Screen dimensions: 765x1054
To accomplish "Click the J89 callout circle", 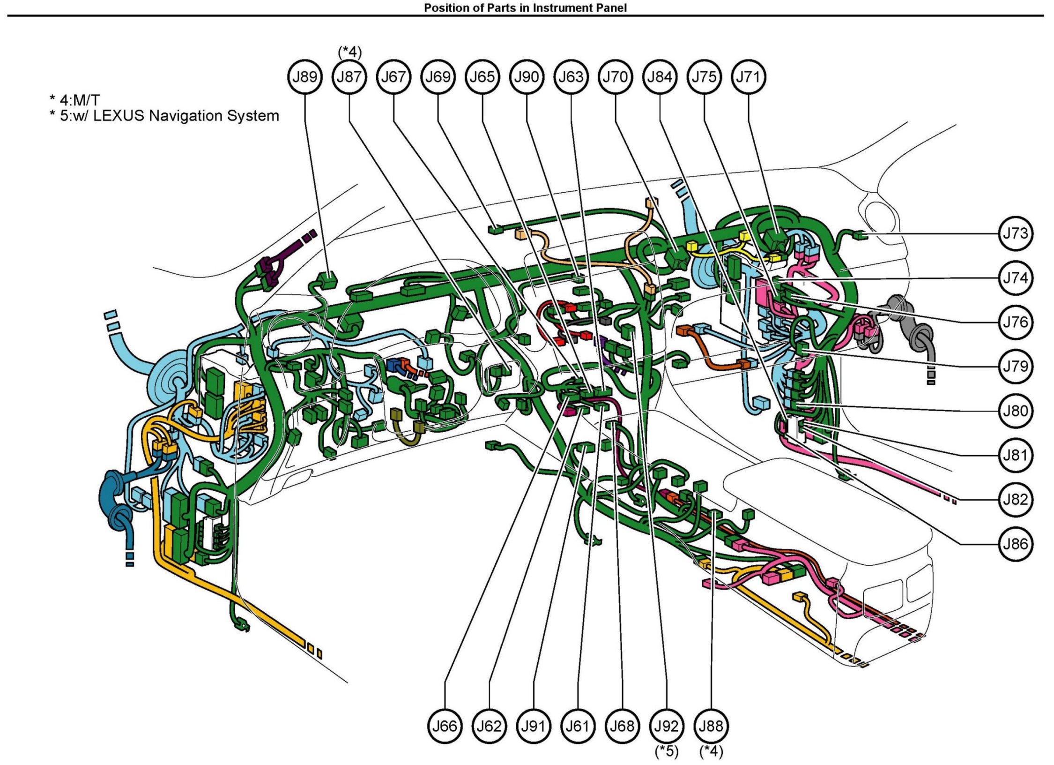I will [305, 77].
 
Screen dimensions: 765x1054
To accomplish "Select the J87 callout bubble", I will [349, 77].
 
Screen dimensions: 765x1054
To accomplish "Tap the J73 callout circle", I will [1016, 233].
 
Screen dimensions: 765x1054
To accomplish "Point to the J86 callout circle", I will [1016, 544].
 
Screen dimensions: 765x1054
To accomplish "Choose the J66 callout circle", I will [444, 726].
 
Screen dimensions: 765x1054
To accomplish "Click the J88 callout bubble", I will [711, 726].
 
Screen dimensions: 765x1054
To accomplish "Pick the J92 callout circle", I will [667, 726].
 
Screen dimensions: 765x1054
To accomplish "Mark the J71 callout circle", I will [749, 77].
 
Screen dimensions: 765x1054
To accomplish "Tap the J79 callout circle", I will [1016, 367].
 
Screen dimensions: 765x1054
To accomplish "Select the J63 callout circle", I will [571, 77].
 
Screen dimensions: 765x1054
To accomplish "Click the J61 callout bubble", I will [578, 726].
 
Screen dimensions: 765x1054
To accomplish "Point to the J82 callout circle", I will [1016, 500].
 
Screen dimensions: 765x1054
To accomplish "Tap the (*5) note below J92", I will [667, 751].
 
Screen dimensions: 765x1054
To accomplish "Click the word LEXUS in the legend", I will [119, 116].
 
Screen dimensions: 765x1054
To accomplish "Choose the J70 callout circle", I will [615, 77].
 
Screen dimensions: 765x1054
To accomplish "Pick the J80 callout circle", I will [1016, 411].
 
